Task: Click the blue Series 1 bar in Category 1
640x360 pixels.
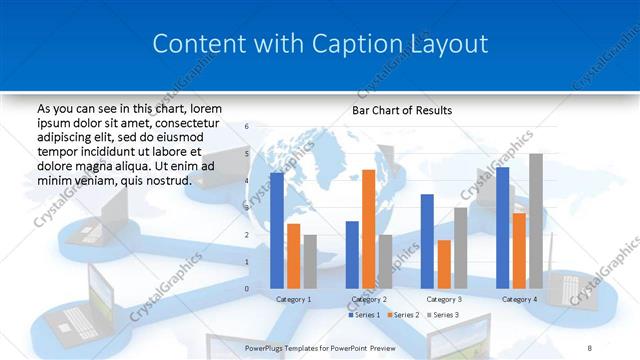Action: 277,231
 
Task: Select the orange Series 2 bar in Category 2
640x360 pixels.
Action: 368,229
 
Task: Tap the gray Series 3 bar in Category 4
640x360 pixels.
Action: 535,221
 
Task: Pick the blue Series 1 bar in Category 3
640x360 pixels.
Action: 427,241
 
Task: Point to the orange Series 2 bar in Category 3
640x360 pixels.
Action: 444,264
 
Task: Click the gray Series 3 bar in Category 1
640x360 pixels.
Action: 310,261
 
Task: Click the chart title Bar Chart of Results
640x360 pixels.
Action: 401,110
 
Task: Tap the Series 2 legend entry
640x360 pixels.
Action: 401,315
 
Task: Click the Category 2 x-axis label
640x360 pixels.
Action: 369,299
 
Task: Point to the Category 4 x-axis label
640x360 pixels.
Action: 519,299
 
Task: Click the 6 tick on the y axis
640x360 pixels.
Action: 247,127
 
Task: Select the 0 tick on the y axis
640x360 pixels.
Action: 247,289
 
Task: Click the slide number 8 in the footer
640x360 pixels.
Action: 589,347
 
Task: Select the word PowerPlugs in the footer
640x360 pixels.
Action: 269,347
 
